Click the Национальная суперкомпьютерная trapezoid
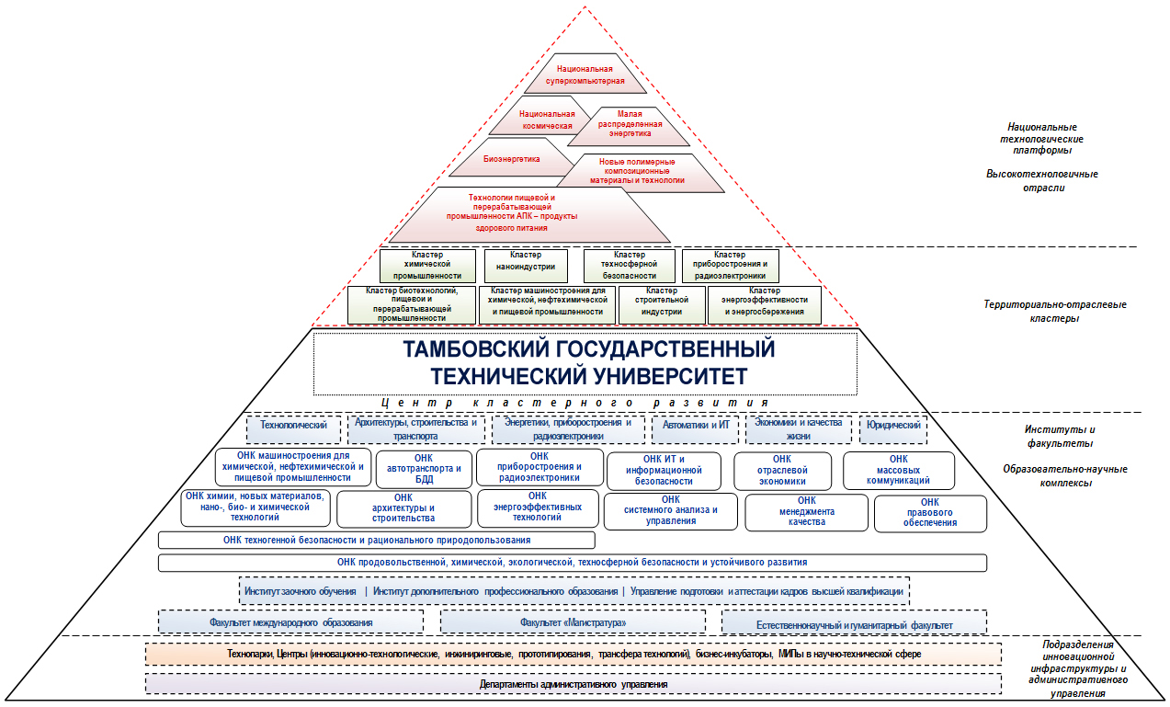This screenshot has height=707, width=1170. click(x=585, y=74)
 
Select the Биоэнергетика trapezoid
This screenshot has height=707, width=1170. click(x=511, y=157)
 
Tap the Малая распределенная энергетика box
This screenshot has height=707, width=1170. click(x=629, y=126)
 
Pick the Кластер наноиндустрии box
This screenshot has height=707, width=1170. click(x=526, y=266)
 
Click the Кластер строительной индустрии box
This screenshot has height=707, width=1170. click(x=662, y=305)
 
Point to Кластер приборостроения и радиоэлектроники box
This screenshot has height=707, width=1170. click(x=730, y=266)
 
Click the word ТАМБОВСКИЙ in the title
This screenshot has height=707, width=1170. click(x=479, y=349)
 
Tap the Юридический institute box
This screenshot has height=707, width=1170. click(x=893, y=429)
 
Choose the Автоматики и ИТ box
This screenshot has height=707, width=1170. click(x=696, y=429)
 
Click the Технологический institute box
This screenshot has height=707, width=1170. click(x=293, y=429)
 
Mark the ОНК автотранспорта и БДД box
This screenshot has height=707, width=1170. click(x=424, y=469)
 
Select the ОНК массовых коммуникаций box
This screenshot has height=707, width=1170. click(x=898, y=471)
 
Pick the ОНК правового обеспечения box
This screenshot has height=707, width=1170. click(x=930, y=514)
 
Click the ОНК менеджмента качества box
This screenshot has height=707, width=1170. click(x=806, y=512)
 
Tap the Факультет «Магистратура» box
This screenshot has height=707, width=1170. click(x=573, y=621)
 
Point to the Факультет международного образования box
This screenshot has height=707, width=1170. click(x=291, y=621)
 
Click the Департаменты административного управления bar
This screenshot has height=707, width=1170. click(x=574, y=684)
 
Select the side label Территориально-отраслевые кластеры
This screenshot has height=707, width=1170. click(x=1054, y=312)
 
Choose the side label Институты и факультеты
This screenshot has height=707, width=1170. click(x=1060, y=437)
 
